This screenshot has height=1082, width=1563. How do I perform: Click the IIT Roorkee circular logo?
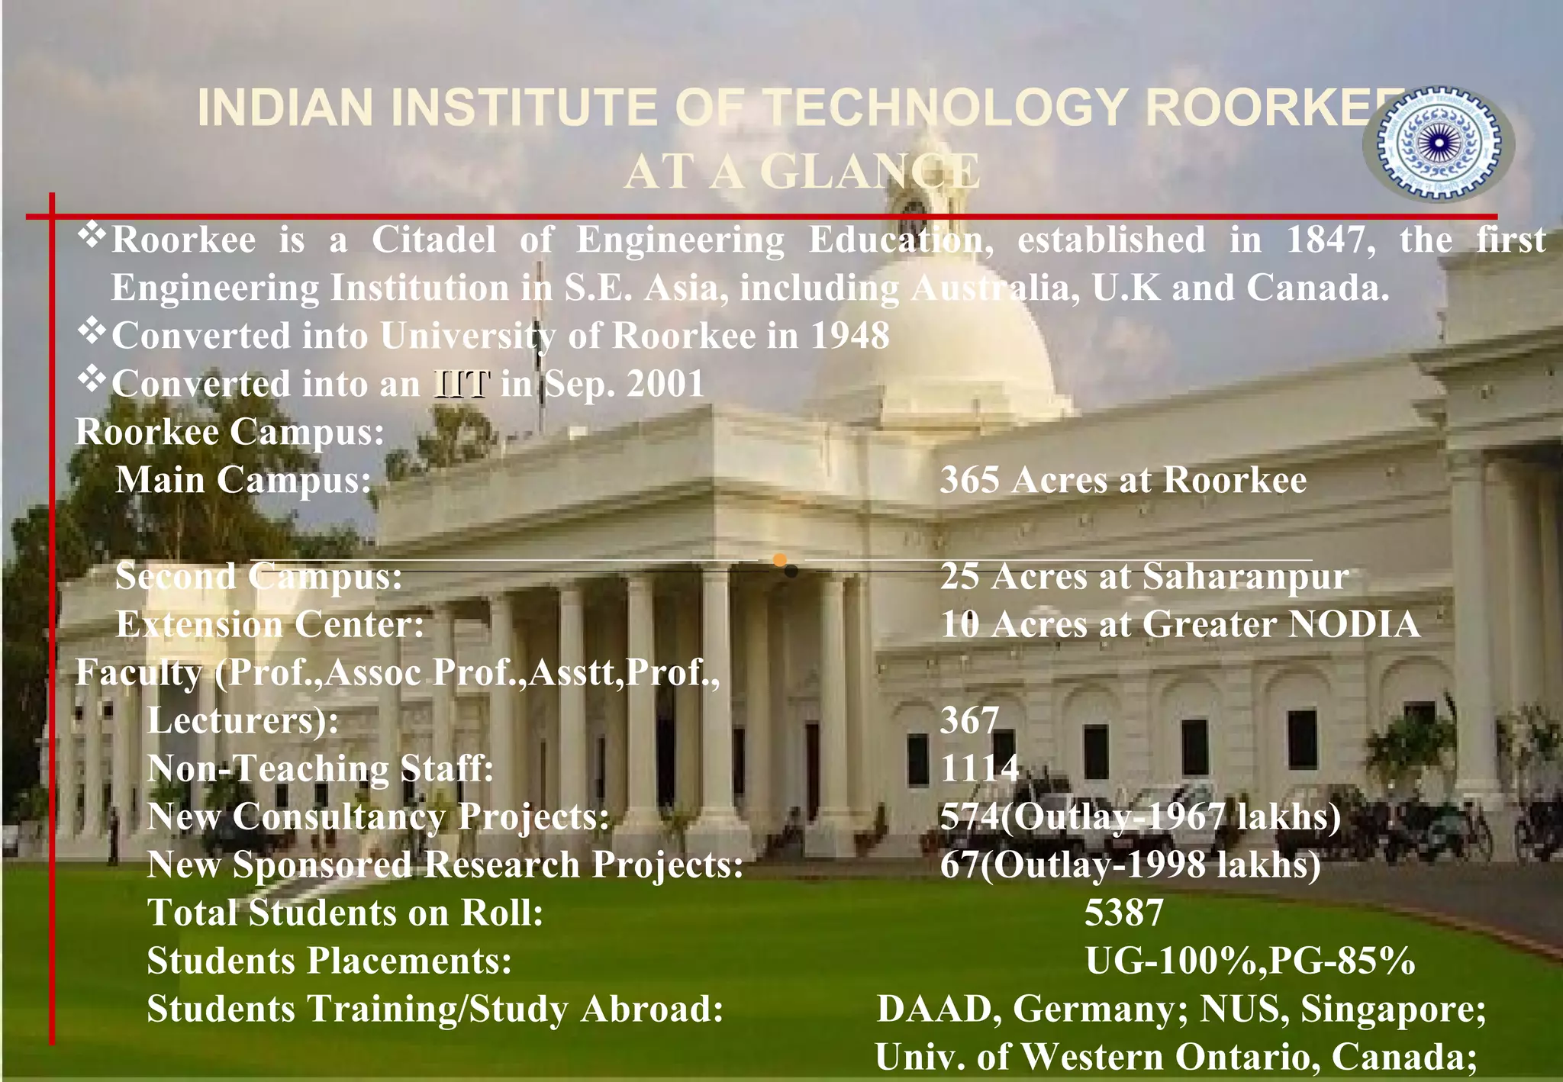tap(1438, 143)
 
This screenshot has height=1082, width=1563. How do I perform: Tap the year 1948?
tap(849, 336)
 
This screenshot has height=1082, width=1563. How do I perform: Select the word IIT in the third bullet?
tap(460, 384)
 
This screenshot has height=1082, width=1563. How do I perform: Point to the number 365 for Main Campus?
tap(969, 481)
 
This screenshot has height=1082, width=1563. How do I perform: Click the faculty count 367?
tap(969, 720)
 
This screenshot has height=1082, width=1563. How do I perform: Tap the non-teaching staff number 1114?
tap(979, 768)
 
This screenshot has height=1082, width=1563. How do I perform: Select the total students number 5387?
tap(1123, 913)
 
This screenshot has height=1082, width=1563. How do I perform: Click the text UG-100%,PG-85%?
tap(1249, 961)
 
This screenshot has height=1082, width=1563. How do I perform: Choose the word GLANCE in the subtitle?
tap(869, 172)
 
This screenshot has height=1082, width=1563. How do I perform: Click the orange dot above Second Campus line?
tap(779, 560)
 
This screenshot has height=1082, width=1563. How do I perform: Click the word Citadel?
tap(433, 240)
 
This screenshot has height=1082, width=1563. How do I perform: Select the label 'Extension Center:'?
tap(269, 625)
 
